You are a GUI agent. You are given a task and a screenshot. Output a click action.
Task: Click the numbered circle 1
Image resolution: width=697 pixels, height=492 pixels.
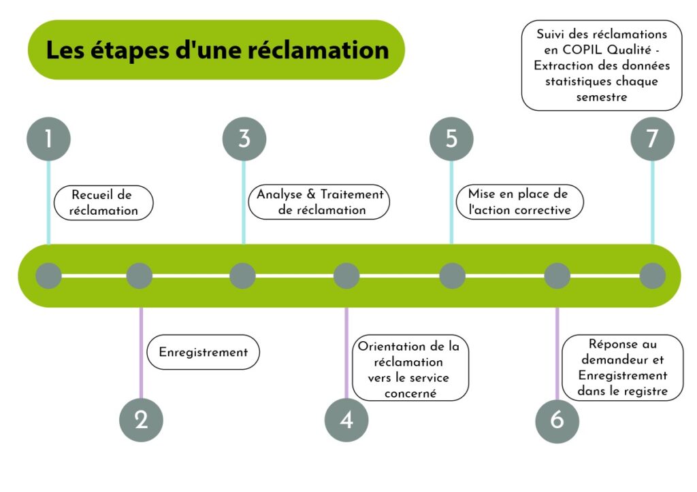pyautogui.click(x=48, y=139)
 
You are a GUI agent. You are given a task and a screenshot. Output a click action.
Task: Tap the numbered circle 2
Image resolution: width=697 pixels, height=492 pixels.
pyautogui.click(x=141, y=420)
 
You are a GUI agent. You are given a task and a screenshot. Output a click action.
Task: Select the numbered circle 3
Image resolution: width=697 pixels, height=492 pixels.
pyautogui.click(x=244, y=139)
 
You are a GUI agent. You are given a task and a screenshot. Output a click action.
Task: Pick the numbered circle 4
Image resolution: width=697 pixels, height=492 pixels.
pyautogui.click(x=346, y=420)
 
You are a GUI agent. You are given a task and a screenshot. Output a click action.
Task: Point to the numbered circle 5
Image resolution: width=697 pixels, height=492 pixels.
pyautogui.click(x=451, y=139)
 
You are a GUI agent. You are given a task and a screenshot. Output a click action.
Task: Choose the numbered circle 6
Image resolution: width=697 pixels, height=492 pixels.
pyautogui.click(x=557, y=420)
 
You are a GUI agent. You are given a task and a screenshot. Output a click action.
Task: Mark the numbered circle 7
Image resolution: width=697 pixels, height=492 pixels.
pyautogui.click(x=652, y=139)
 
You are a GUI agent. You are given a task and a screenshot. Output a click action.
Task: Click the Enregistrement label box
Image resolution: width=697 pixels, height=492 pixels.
pyautogui.click(x=204, y=352)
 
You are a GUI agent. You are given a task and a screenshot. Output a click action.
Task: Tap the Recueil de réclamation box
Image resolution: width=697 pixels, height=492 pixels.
pyautogui.click(x=103, y=203)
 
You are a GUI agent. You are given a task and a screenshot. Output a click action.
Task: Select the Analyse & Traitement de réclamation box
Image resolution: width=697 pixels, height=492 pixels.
pyautogui.click(x=320, y=202)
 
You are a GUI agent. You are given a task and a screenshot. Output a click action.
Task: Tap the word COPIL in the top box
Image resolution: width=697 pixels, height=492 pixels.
pyautogui.click(x=591, y=50)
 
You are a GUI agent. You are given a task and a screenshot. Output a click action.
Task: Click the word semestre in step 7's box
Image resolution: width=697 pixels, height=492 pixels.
pyautogui.click(x=601, y=96)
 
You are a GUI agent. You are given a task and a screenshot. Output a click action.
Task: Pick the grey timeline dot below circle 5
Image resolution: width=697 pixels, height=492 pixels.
pyautogui.click(x=452, y=276)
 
